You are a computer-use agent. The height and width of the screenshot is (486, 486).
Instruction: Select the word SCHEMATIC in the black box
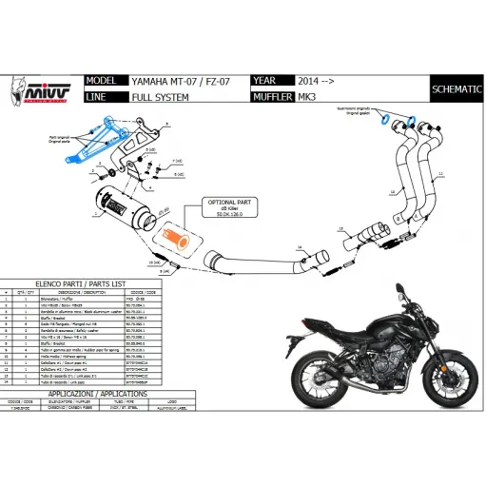(456, 88)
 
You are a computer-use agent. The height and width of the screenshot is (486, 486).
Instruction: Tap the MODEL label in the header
(105, 81)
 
